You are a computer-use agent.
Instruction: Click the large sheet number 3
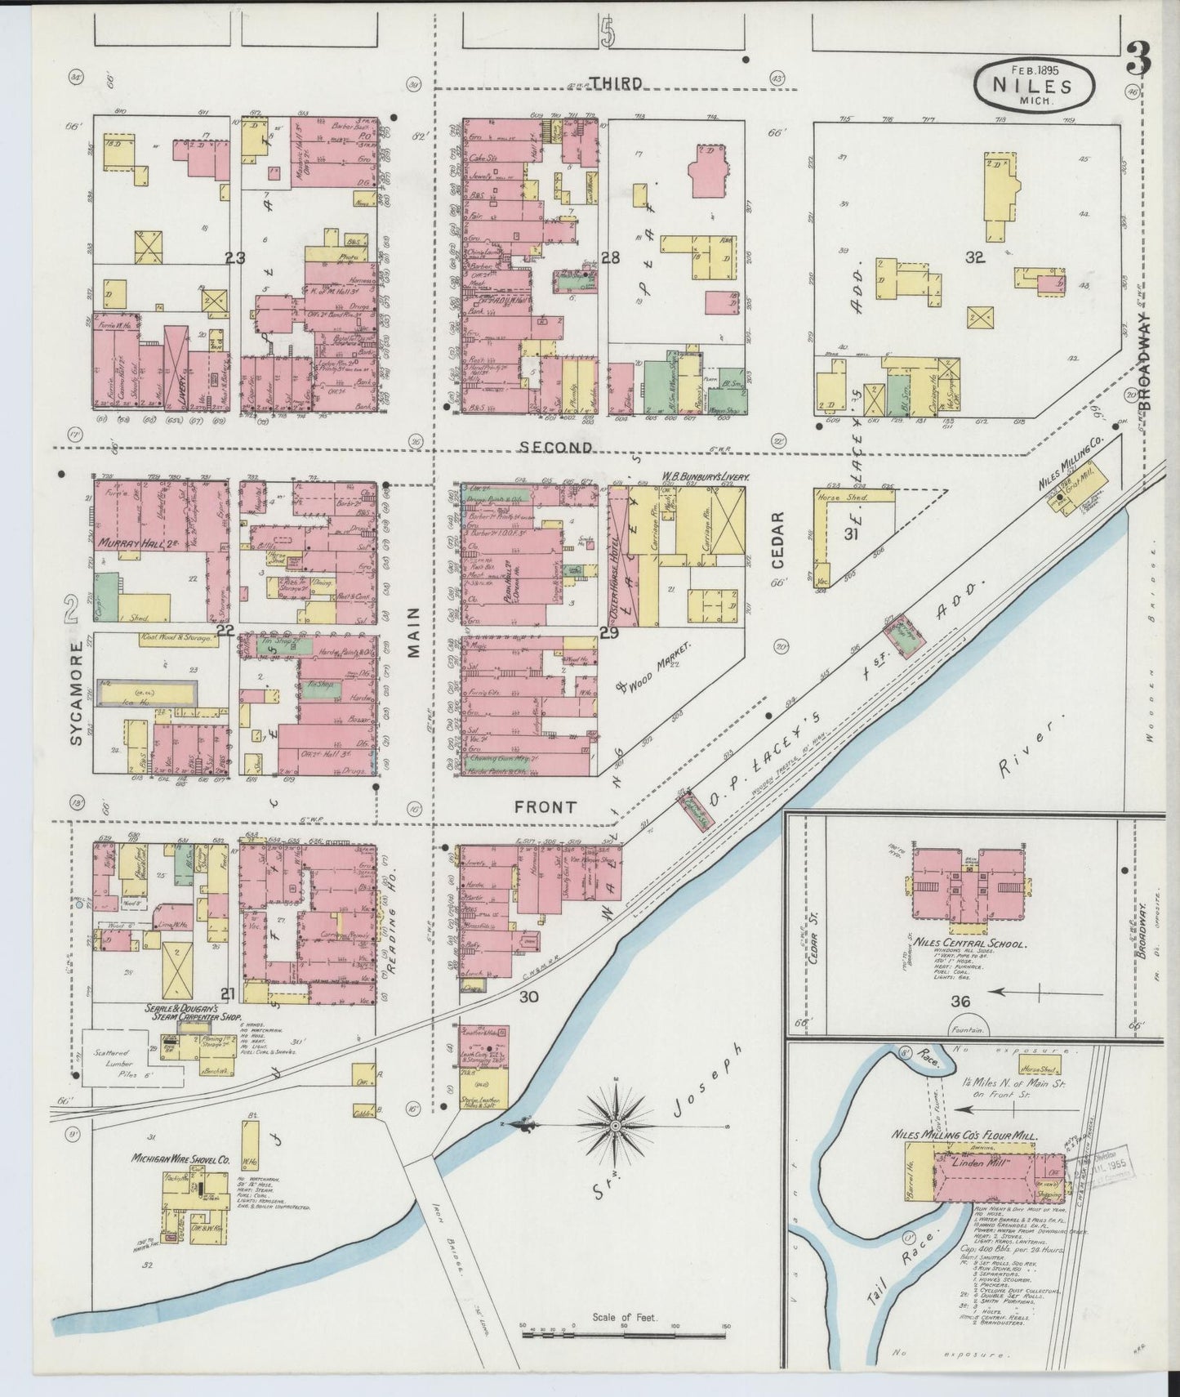(1138, 60)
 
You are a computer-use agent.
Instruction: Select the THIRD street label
(617, 83)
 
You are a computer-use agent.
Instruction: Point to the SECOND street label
(556, 448)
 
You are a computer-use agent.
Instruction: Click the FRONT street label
(545, 807)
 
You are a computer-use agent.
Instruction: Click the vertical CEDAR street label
(777, 541)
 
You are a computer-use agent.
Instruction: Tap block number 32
(973, 258)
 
